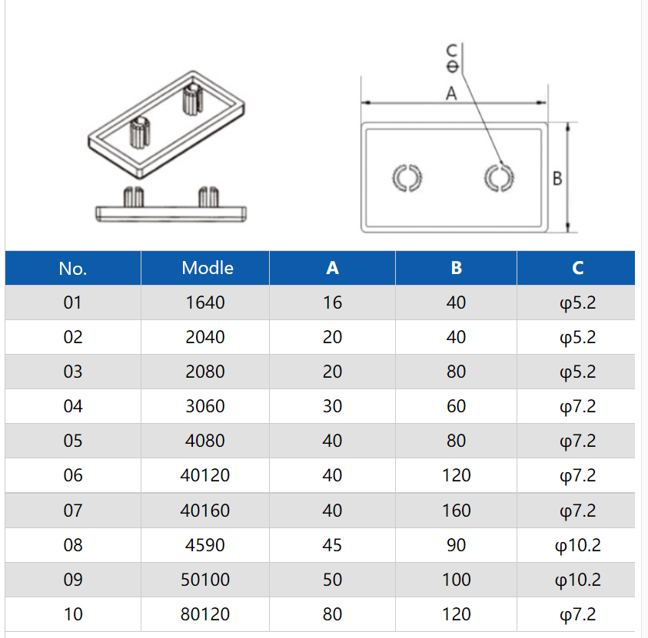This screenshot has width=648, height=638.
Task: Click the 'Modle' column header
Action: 207,268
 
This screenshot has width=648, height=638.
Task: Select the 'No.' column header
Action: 73,268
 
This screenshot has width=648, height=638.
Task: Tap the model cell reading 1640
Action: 205,302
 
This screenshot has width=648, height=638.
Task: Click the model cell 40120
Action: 205,476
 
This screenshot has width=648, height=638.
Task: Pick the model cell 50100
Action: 205,580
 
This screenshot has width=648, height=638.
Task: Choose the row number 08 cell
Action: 72,545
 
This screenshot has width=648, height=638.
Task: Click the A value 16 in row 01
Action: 332,302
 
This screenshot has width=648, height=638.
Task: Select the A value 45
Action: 332,545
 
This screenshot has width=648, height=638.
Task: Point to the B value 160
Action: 456,511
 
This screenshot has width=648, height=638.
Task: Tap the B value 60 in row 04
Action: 456,406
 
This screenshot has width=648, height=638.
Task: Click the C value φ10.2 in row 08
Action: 577,545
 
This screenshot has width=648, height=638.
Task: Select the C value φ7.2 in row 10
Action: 577,614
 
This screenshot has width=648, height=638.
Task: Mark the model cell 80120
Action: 205,614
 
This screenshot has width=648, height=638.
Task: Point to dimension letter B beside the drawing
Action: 557,178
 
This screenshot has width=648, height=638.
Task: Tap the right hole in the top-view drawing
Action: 499,177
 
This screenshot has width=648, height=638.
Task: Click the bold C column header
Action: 577,268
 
